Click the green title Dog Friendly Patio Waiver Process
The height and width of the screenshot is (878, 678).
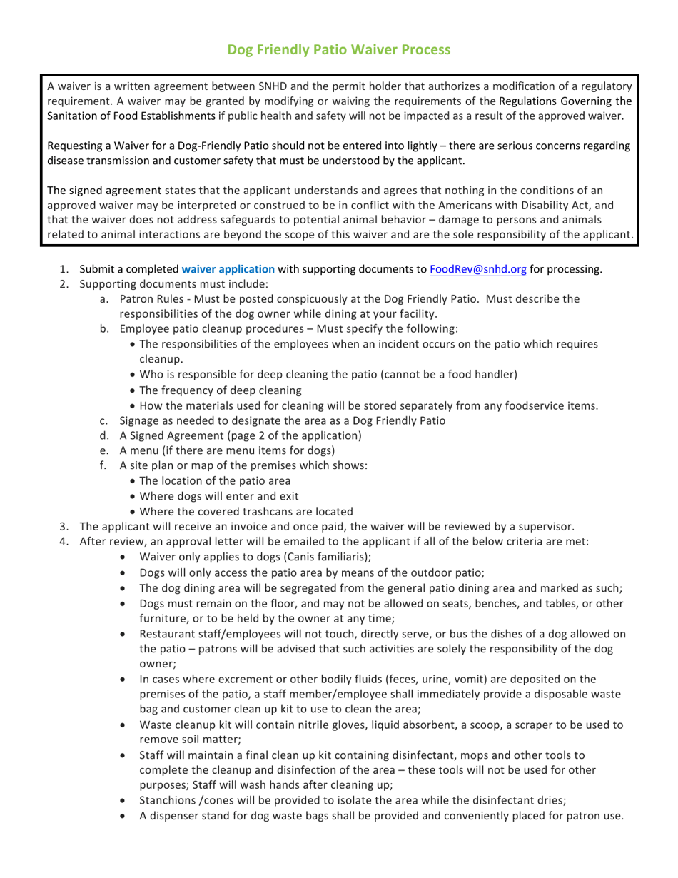point(339,49)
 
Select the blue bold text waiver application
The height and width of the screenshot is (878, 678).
point(228,269)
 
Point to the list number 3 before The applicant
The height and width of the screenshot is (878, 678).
point(64,526)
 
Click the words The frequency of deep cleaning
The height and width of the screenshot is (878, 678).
point(221,390)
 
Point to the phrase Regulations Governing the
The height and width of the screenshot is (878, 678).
point(565,101)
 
